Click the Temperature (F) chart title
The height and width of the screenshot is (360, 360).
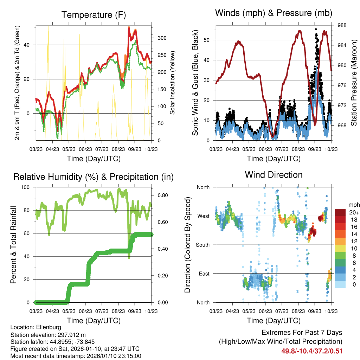(93, 15)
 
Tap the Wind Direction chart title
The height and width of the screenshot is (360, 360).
(274, 174)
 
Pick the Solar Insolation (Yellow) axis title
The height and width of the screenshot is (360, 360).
(172, 83)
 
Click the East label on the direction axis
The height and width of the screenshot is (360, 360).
(204, 274)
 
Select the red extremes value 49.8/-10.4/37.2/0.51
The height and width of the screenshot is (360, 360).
(312, 351)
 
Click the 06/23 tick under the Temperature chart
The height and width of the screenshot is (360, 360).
(85, 144)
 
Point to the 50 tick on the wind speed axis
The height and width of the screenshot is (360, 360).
(208, 40)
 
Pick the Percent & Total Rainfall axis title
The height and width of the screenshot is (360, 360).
(13, 245)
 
